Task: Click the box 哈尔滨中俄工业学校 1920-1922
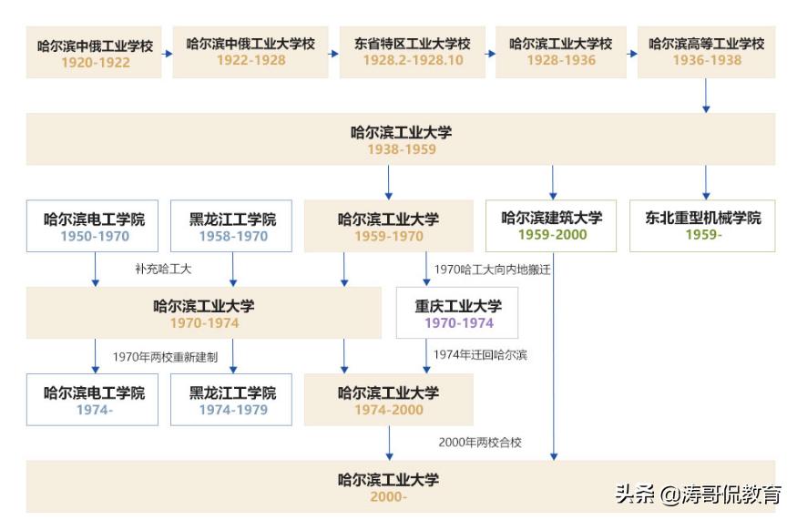[95, 53]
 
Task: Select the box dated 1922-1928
[250, 52]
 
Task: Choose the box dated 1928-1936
[560, 52]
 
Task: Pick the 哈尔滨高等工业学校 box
[706, 52]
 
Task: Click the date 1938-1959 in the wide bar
[401, 149]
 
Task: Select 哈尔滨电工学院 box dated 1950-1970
[95, 226]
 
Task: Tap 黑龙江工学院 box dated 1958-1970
[231, 226]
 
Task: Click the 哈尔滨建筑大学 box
[552, 226]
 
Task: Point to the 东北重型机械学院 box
[702, 226]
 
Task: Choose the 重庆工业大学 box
[458, 313]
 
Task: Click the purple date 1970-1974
[458, 323]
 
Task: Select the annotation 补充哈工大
[163, 270]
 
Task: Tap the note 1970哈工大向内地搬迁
[493, 270]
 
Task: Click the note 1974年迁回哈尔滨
[480, 355]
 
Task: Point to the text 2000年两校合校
[480, 442]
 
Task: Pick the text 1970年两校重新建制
[165, 357]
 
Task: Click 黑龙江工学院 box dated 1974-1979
[231, 401]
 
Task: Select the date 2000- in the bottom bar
[388, 497]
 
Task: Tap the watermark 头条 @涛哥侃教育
[698, 495]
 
